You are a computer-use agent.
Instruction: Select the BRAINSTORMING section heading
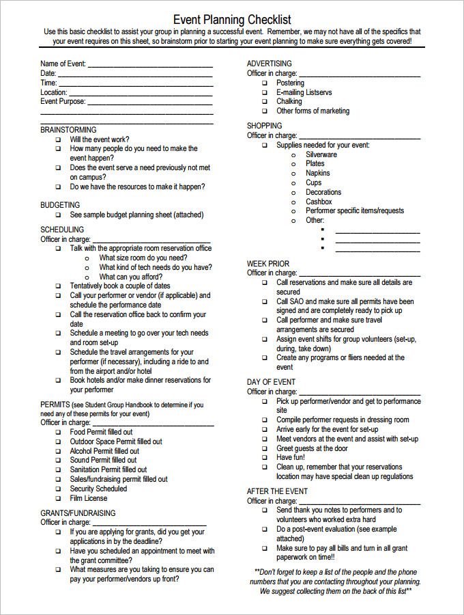(x=68, y=130)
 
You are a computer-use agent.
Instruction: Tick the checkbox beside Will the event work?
(x=58, y=139)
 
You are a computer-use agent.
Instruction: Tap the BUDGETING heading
(x=60, y=205)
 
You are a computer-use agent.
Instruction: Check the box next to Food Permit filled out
(x=58, y=433)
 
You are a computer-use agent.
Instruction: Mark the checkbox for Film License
(x=58, y=499)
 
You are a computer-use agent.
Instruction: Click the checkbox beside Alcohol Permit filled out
(x=58, y=452)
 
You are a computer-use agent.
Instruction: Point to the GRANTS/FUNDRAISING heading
(x=78, y=513)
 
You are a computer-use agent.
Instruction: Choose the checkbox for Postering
(x=264, y=83)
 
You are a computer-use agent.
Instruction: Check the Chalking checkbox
(x=264, y=102)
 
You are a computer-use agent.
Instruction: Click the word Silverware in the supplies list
(x=321, y=154)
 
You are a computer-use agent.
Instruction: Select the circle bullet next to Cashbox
(x=293, y=202)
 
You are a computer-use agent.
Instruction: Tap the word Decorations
(x=323, y=193)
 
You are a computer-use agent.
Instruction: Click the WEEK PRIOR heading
(x=267, y=264)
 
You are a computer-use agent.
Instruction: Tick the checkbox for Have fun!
(x=264, y=458)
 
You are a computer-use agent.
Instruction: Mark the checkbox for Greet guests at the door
(x=264, y=449)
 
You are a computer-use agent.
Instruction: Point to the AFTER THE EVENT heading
(x=277, y=491)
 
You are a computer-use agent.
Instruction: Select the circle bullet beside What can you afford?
(x=87, y=277)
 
